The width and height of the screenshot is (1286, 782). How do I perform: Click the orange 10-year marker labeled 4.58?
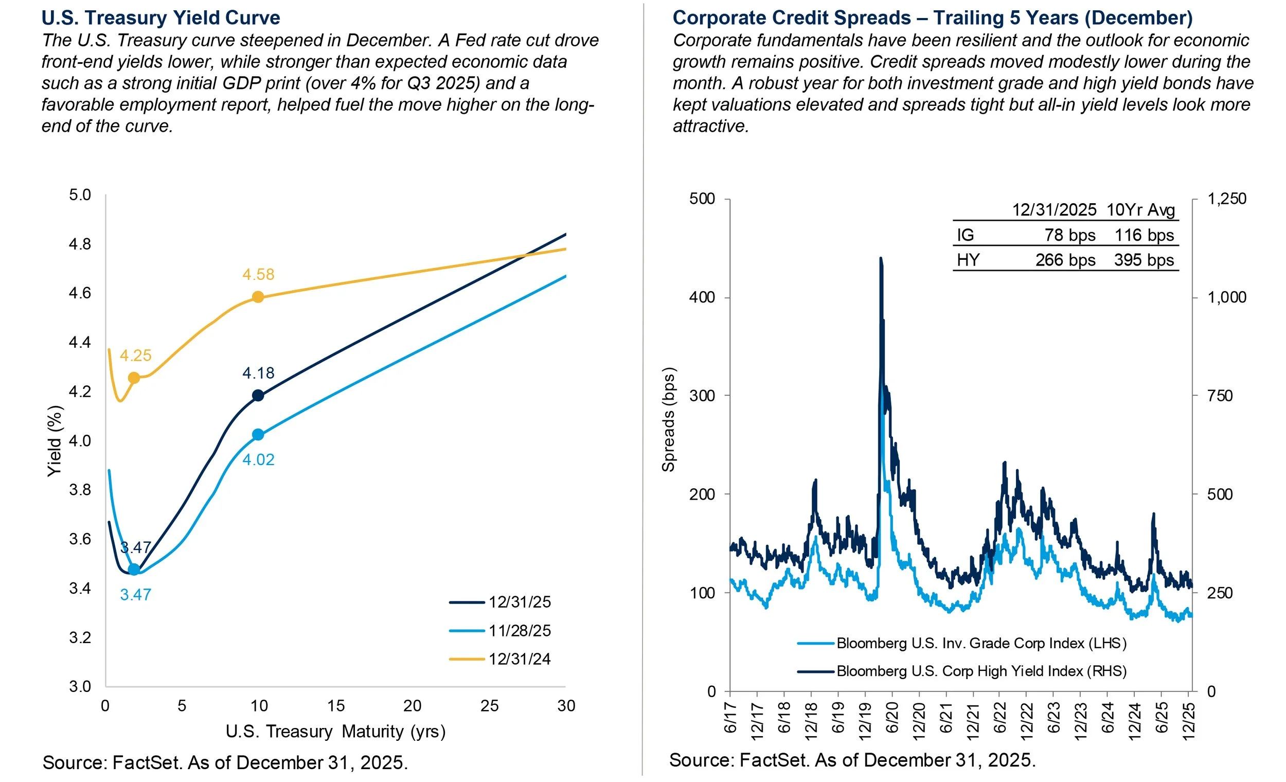pyautogui.click(x=258, y=297)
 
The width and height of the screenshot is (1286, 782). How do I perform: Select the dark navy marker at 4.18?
pyautogui.click(x=258, y=396)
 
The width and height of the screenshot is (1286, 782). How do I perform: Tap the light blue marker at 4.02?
pyautogui.click(x=258, y=435)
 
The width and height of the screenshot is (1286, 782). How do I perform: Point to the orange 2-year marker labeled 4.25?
pyautogui.click(x=134, y=378)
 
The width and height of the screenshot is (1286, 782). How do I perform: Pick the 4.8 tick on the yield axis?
pyautogui.click(x=80, y=244)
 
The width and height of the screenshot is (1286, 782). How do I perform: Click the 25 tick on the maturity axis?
pyautogui.click(x=489, y=706)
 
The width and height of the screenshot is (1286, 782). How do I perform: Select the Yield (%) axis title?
pyautogui.click(x=55, y=441)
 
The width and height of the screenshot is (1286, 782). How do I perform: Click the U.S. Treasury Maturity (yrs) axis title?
pyautogui.click(x=335, y=732)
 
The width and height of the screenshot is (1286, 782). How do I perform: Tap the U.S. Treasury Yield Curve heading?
pyautogui.click(x=160, y=17)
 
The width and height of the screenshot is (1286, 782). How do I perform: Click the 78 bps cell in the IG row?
pyautogui.click(x=1069, y=236)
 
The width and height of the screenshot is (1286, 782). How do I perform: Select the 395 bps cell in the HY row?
pyautogui.click(x=1144, y=260)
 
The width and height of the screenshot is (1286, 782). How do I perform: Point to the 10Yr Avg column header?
pyautogui.click(x=1140, y=210)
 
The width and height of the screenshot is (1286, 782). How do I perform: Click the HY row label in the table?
pyautogui.click(x=968, y=260)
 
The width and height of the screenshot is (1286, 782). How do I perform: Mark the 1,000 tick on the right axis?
pyautogui.click(x=1226, y=297)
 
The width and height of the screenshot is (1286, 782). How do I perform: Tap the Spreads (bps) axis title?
pyautogui.click(x=669, y=420)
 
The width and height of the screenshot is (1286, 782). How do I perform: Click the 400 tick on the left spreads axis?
pyautogui.click(x=703, y=297)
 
